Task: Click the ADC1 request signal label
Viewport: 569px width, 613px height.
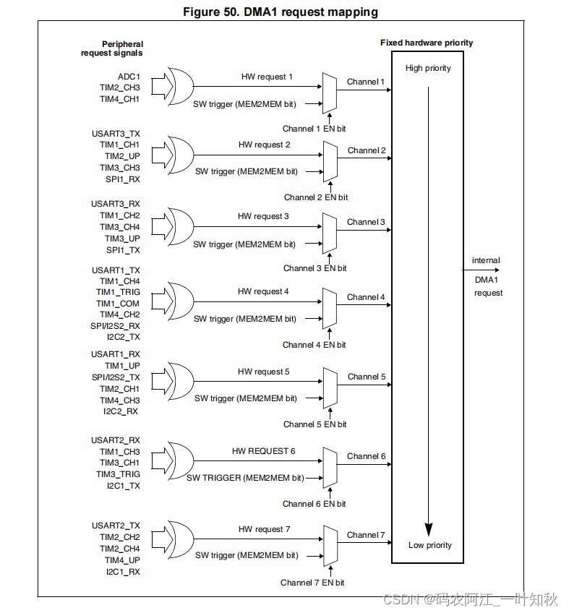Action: click(129, 76)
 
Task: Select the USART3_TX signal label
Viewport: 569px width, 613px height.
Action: click(116, 133)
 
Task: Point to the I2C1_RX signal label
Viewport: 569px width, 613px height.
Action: click(122, 571)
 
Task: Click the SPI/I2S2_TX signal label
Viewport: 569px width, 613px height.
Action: click(116, 377)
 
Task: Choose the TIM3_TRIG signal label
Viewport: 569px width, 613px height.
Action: click(119, 474)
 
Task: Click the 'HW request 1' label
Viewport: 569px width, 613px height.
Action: click(267, 76)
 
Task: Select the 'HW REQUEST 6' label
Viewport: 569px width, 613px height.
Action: click(263, 451)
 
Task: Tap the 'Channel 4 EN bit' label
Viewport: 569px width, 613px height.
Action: click(314, 345)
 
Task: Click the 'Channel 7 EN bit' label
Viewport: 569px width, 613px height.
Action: click(312, 582)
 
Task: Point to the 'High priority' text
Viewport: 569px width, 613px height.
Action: click(428, 68)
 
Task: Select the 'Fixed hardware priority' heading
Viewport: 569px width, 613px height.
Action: click(427, 43)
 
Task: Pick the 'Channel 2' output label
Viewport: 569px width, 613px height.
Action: click(367, 150)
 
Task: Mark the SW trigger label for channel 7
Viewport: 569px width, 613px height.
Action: click(246, 555)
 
